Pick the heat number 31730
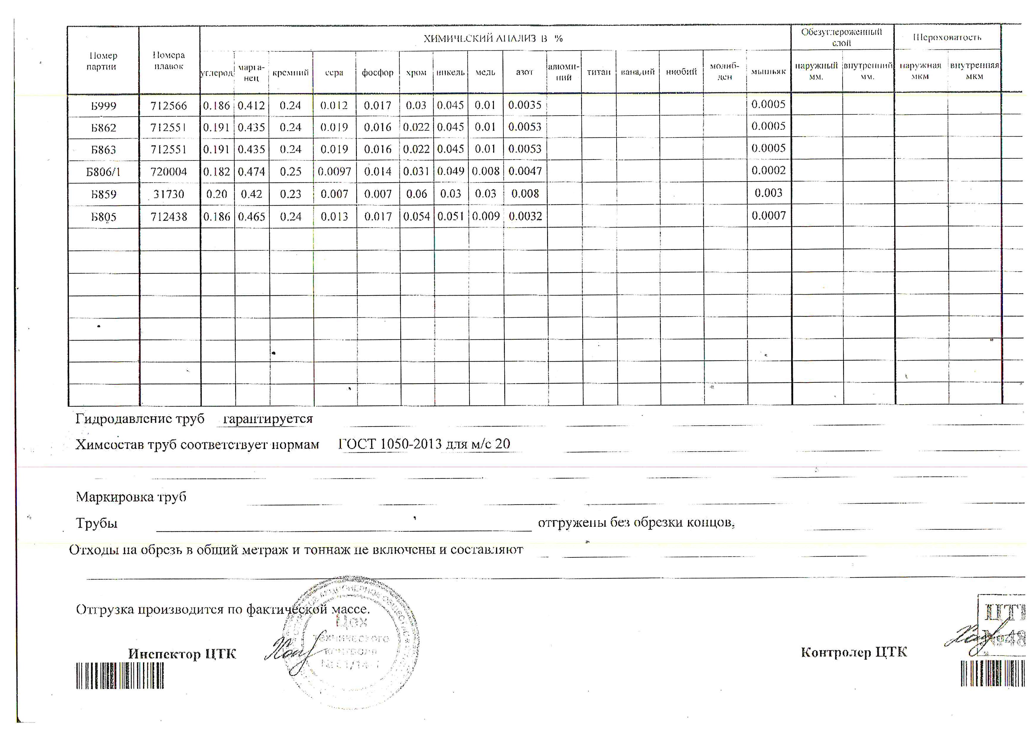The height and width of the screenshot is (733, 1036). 169,194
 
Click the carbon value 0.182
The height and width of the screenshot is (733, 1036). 217,171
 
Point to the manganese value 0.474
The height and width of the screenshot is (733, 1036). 251,171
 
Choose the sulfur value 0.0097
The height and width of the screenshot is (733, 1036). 334,171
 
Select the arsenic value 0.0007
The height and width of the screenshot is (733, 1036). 768,216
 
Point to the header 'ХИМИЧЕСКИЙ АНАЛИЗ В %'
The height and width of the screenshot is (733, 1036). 493,39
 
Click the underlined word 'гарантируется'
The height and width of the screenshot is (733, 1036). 268,419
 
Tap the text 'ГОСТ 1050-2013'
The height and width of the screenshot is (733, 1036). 390,444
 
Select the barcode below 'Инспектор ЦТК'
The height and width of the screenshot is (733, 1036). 120,676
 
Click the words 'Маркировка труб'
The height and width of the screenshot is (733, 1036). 131,497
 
